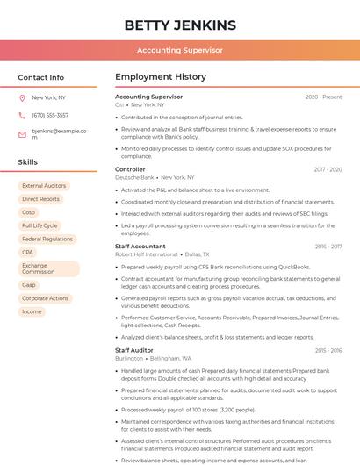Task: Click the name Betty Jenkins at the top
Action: (x=180, y=25)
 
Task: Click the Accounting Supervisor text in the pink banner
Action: (x=180, y=51)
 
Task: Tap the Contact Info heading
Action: (x=40, y=77)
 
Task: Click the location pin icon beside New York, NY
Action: (x=23, y=98)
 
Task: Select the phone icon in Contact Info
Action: (x=23, y=115)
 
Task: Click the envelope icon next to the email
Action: (x=23, y=134)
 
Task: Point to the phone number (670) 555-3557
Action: (x=50, y=115)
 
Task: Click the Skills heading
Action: (x=27, y=162)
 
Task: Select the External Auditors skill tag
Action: (x=44, y=186)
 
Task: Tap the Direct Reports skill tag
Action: (x=40, y=199)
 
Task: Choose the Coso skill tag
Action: (x=29, y=212)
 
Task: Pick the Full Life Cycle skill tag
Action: (x=40, y=225)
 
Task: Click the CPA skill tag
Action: (x=27, y=252)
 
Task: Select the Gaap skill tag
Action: (x=29, y=285)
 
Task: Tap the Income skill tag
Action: (x=32, y=311)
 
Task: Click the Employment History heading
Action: (x=161, y=77)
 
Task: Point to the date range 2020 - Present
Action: (x=323, y=97)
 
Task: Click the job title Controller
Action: (x=130, y=169)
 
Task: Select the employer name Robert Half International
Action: (x=146, y=254)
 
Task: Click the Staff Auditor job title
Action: (x=133, y=350)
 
